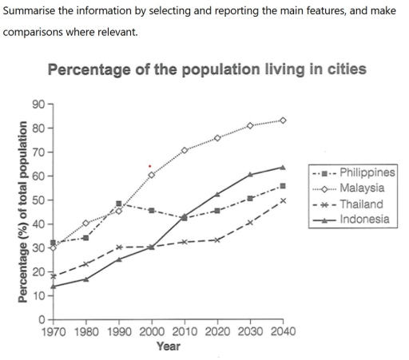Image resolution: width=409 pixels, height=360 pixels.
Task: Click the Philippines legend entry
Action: pos(367,173)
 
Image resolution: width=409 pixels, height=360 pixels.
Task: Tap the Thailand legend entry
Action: pos(361,203)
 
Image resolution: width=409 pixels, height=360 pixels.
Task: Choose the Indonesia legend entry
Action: pos(364,218)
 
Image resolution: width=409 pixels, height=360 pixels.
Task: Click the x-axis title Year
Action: pos(168,346)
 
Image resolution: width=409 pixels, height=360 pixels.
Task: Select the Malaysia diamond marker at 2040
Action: pos(283,121)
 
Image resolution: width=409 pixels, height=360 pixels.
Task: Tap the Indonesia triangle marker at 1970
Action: pos(54,287)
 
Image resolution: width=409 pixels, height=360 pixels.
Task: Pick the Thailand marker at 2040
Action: pos(283,200)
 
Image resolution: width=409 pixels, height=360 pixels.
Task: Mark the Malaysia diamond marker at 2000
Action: pos(152,175)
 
